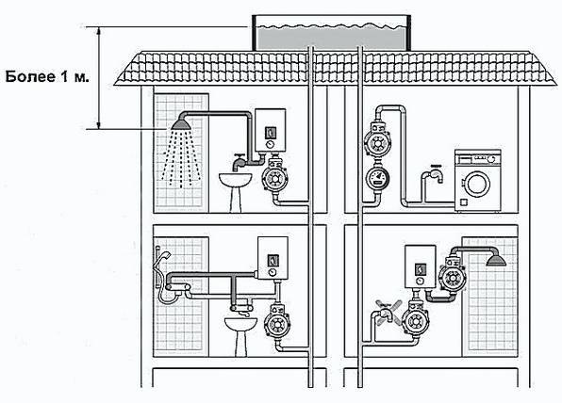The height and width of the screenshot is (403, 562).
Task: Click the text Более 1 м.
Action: pyautogui.click(x=47, y=77)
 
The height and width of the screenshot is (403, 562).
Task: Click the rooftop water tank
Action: pyautogui.click(x=332, y=33)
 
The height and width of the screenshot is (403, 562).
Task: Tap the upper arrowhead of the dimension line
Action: pyautogui.click(x=99, y=30)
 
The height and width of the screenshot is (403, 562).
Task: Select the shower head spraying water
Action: pyautogui.click(x=181, y=124)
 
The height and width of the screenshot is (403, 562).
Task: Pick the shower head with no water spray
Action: pyautogui.click(x=496, y=260)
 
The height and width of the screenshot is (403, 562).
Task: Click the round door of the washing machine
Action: pyautogui.click(x=477, y=184)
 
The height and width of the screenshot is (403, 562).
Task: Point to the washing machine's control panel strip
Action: pyautogui.click(x=477, y=158)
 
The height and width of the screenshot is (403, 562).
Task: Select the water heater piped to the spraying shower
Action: pyautogui.click(x=271, y=130)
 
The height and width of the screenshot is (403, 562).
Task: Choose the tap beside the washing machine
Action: pyautogui.click(x=435, y=174)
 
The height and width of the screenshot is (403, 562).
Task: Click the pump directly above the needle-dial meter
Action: pyautogui.click(x=377, y=143)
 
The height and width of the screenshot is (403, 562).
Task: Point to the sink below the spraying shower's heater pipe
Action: pyautogui.click(x=235, y=180)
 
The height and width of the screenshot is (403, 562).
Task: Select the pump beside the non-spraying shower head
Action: pyautogui.click(x=453, y=276)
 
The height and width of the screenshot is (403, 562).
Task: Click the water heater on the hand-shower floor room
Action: pyautogui.click(x=273, y=258)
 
